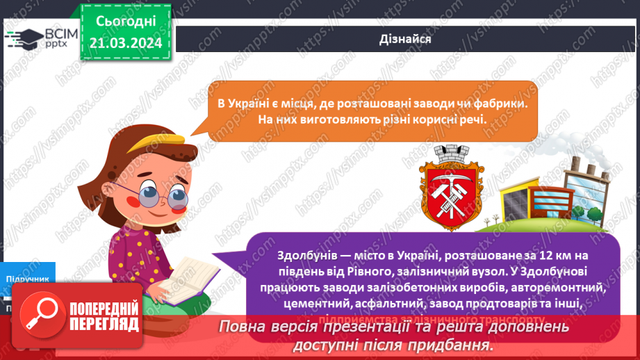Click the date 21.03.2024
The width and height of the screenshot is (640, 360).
click(x=126, y=42)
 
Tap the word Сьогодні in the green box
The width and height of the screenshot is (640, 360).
click(x=126, y=21)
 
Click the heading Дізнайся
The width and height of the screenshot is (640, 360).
click(x=406, y=39)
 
